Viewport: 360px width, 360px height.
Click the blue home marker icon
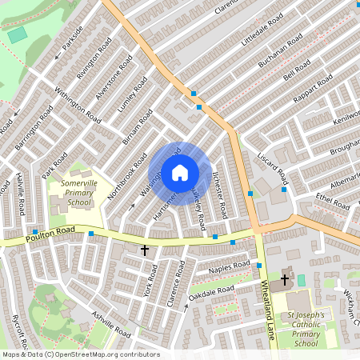point(180,172)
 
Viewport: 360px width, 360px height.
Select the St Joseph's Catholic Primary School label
point(306,329)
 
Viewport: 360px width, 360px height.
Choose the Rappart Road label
point(313,86)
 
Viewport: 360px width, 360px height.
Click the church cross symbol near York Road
point(145,250)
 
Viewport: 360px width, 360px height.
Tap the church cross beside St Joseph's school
point(285,281)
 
